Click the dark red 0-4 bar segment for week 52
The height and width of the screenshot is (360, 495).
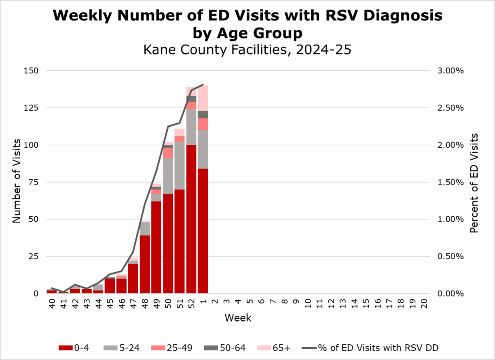click(191, 219)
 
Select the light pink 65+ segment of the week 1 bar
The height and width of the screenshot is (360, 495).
click(203, 98)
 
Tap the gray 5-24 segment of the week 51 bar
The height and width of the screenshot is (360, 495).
click(179, 165)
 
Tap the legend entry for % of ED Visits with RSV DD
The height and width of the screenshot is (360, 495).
click(371, 348)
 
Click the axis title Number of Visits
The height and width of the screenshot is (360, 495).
click(16, 182)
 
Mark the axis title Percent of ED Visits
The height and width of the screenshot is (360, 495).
click(474, 182)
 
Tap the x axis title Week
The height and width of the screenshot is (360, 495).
click(238, 318)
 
